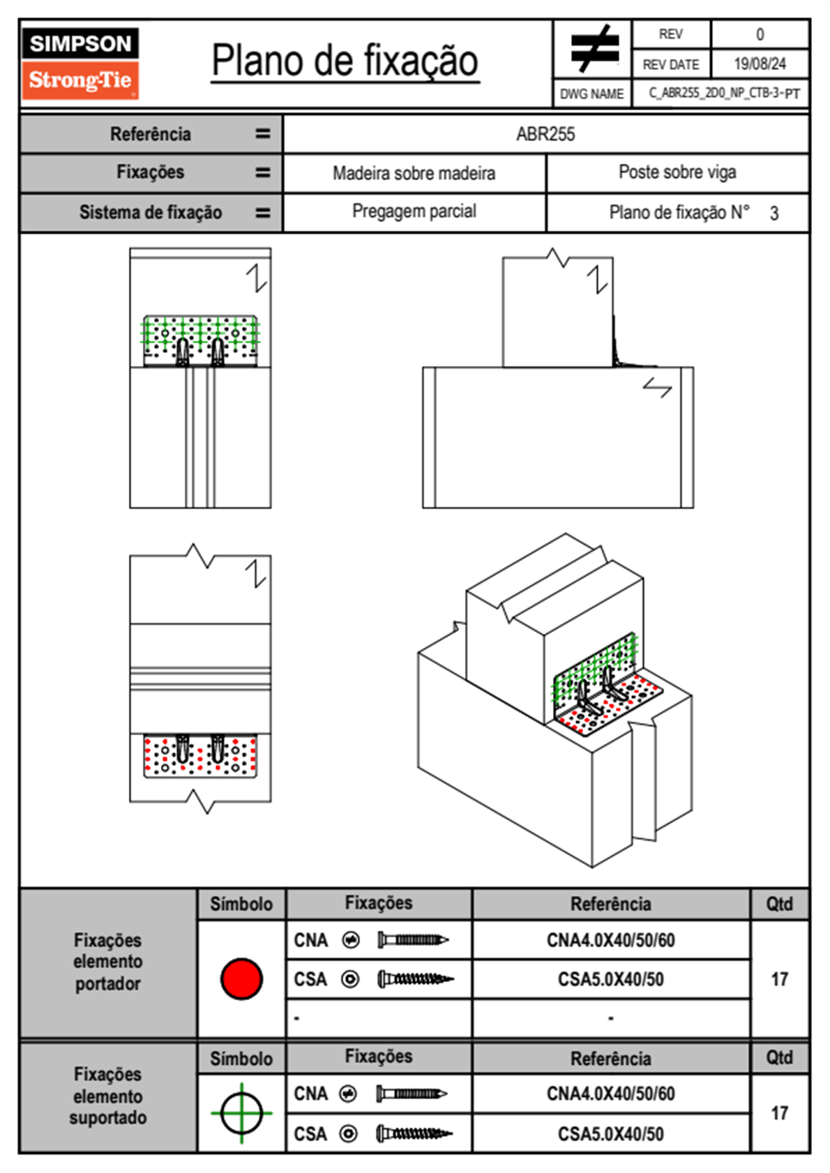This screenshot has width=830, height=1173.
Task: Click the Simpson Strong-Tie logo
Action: (80, 63)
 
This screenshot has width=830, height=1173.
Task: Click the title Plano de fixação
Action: (345, 61)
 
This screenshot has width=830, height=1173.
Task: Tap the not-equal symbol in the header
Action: (594, 49)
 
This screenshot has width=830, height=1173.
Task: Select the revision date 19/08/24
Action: (760, 64)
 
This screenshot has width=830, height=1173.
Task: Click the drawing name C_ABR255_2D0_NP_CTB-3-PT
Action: (723, 93)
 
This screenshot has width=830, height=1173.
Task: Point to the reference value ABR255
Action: (545, 135)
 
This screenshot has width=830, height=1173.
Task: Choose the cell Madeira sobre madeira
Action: (414, 174)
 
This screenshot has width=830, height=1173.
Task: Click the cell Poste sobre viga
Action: (677, 172)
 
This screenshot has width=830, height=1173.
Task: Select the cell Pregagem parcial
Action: (414, 211)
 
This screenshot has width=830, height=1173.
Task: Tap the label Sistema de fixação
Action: (151, 213)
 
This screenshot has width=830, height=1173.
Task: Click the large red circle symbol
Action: (241, 978)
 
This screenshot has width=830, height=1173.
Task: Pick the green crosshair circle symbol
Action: (241, 1113)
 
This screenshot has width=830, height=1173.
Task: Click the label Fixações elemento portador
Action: (107, 962)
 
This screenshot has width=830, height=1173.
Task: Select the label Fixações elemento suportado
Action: (107, 1096)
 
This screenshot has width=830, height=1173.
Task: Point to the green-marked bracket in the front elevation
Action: (200, 340)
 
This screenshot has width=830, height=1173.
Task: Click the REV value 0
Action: (760, 34)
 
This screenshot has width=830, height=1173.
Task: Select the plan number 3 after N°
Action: (774, 213)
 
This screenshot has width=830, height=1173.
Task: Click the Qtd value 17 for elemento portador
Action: (779, 979)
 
